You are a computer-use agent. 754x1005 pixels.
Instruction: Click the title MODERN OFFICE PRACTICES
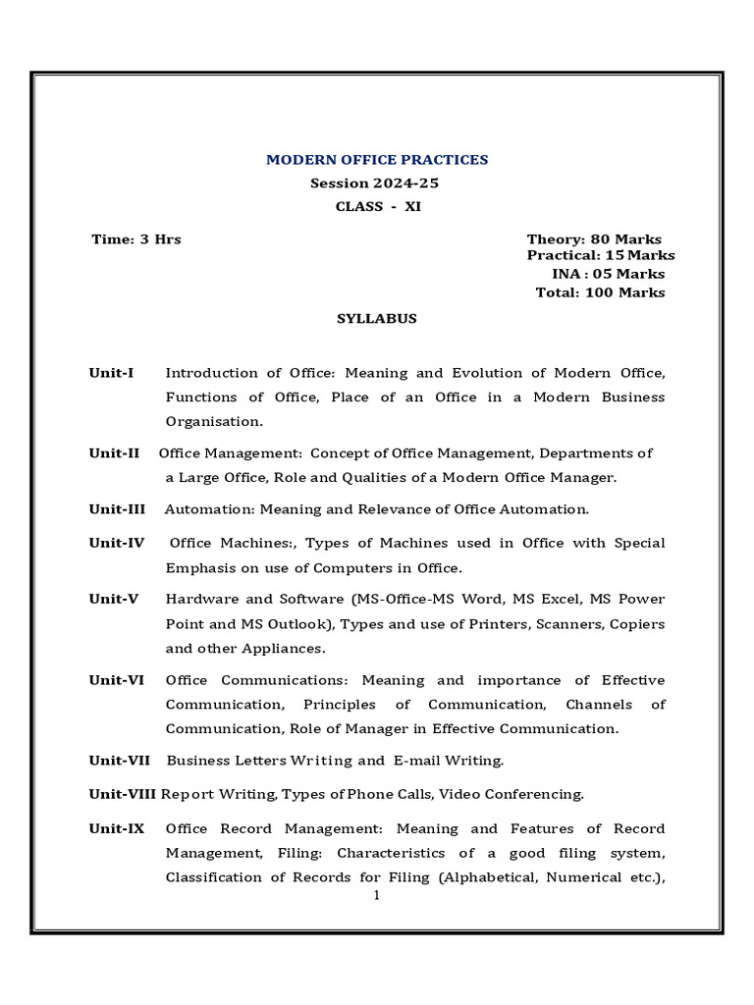pos(378,160)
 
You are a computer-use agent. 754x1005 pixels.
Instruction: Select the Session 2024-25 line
pos(378,184)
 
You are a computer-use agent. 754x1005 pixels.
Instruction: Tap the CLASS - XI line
pos(378,206)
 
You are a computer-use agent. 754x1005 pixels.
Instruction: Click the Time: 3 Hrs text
pos(136,239)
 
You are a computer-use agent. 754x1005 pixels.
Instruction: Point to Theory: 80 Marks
pos(594,239)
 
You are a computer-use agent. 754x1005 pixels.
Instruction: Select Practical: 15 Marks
pos(600,255)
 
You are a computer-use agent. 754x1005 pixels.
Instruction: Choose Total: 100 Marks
pos(600,292)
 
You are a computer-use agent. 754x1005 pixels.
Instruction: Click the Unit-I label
pos(111,373)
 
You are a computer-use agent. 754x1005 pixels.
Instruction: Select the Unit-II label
pos(115,453)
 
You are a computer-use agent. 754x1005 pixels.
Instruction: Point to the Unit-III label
pos(117,509)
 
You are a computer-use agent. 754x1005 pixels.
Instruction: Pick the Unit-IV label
pos(117,543)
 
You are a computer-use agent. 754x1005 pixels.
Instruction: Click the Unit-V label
pos(114,599)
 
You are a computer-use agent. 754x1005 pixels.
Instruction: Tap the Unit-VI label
pos(117,680)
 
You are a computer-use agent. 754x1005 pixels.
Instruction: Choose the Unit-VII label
pos(120,761)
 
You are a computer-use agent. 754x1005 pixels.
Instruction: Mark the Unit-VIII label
pos(123,794)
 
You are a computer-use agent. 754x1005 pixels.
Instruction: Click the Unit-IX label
pos(117,828)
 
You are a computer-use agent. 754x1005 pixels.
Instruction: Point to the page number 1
pos(377,895)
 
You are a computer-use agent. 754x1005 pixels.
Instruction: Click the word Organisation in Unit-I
pos(214,421)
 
